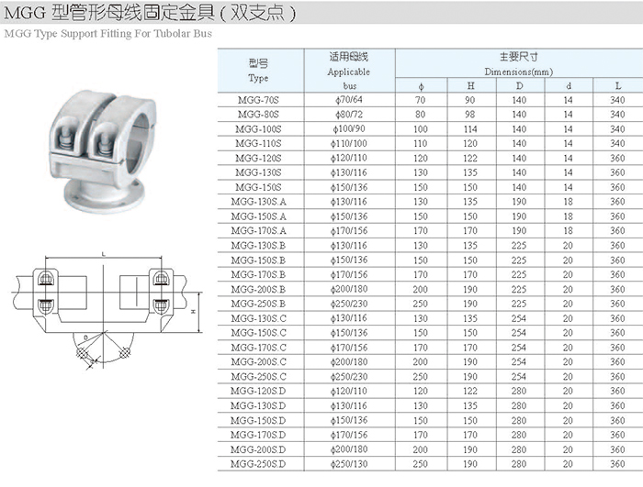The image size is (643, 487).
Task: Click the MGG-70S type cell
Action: pos(258,100)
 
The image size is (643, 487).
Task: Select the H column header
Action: pos(470,86)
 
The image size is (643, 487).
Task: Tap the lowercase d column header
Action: pos(569,86)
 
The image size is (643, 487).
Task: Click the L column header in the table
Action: pos(618,86)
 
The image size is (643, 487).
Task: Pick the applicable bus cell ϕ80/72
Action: pos(349,115)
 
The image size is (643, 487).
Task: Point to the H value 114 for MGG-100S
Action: pos(470,129)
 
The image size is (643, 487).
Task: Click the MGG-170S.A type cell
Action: pos(258,231)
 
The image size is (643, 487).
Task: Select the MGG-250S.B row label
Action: pos(258,304)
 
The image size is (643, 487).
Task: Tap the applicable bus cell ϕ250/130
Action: pos(349,464)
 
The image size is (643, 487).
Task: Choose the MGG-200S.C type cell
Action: pos(258,362)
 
